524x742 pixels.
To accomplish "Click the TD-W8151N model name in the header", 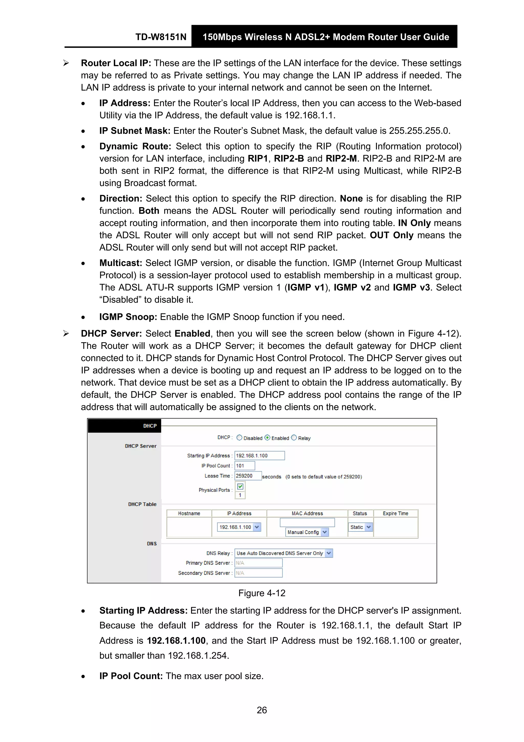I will (x=161, y=37).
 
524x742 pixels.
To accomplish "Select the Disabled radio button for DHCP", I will (x=239, y=437).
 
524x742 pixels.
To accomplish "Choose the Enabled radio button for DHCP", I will (x=267, y=437).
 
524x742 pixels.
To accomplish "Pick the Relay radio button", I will (x=294, y=437).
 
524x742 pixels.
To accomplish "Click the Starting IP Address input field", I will (x=260, y=456).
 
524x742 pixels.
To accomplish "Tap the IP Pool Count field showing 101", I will (x=245, y=466).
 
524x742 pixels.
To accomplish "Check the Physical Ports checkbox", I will (x=240, y=486).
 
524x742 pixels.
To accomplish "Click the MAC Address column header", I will (x=307, y=513).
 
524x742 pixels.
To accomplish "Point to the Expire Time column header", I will (x=396, y=513).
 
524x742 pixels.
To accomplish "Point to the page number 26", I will (x=262, y=710).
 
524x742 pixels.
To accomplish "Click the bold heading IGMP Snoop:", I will (x=128, y=317).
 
